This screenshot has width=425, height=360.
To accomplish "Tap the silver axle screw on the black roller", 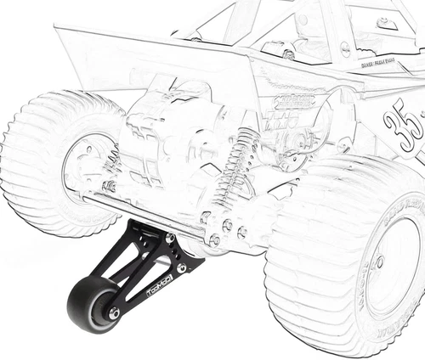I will (114, 314).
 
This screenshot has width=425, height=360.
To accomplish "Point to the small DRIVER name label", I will (377, 65).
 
